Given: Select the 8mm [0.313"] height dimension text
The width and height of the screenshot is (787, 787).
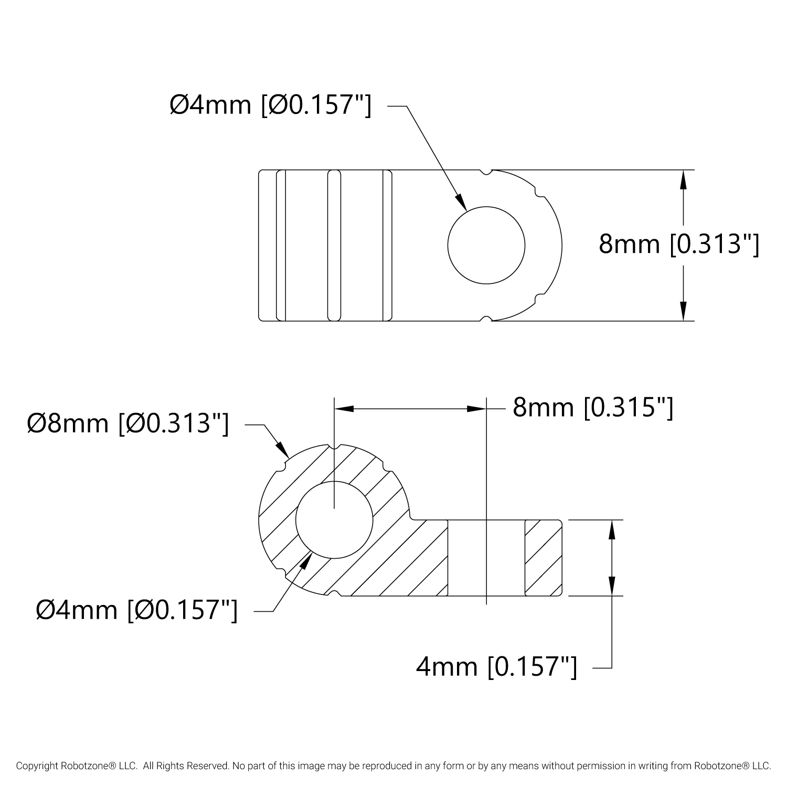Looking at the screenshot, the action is coord(679,244).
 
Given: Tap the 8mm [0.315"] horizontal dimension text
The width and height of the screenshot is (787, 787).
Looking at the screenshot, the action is coord(593,408).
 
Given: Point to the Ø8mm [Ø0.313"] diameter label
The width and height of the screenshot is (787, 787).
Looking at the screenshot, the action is coord(128,423).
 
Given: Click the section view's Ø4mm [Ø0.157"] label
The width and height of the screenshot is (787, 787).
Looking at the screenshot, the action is coord(136,610).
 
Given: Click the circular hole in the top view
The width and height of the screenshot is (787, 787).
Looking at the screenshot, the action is coord(486,245).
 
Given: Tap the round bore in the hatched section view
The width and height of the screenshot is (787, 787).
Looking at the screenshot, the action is coord(335,520).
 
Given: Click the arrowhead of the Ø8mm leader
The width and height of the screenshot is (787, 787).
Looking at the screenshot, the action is coord(283,450).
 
